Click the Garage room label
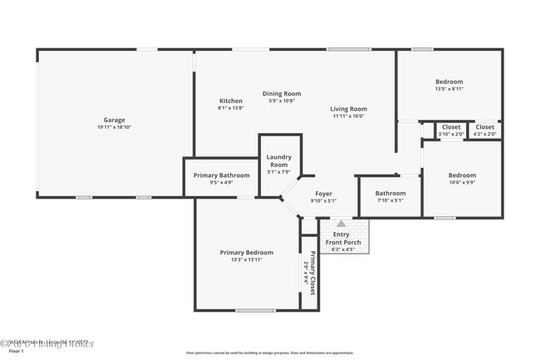(x=114, y=121)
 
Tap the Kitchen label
(x=230, y=101)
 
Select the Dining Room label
(x=282, y=94)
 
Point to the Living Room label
(x=349, y=109)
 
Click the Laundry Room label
(x=279, y=160)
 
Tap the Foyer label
(x=323, y=193)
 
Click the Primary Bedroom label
(x=246, y=253)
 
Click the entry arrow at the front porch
(x=341, y=224)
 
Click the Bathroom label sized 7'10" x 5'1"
(x=390, y=193)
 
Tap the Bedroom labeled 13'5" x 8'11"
(x=449, y=81)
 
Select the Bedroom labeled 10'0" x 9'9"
(x=462, y=175)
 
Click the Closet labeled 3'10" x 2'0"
(x=451, y=127)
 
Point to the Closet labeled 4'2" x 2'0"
(x=485, y=127)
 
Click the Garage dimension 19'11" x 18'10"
(x=114, y=128)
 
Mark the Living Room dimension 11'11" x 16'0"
(x=349, y=116)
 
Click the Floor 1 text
(x=11, y=352)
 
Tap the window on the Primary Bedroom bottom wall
(x=255, y=310)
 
